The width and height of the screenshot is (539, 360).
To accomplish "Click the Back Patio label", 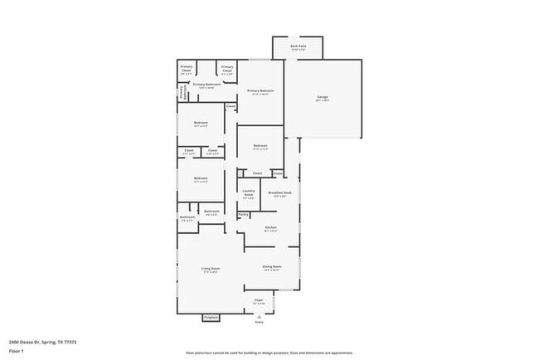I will (298, 46).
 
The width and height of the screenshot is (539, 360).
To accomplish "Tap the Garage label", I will (323, 99).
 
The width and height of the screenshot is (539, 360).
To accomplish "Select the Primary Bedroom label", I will (260, 91).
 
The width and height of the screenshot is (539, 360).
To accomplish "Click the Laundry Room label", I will (249, 193).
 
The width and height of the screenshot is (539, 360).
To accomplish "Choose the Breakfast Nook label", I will (280, 193).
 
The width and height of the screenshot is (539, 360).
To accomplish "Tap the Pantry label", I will (243, 215).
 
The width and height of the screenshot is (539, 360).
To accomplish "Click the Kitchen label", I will (270, 228).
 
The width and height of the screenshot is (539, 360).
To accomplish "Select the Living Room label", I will (211, 270).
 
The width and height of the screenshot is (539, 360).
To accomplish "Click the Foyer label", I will (259, 300).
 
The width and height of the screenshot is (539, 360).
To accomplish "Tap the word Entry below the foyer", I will (260, 323).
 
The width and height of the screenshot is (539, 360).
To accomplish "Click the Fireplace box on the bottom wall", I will (211, 316).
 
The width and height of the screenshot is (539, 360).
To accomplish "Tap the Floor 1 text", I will (16, 351).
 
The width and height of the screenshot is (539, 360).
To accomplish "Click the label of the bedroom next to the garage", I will (260, 148).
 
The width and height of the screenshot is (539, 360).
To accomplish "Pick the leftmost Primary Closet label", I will (187, 70).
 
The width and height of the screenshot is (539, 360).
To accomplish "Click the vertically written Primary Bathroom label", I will (182, 95).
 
